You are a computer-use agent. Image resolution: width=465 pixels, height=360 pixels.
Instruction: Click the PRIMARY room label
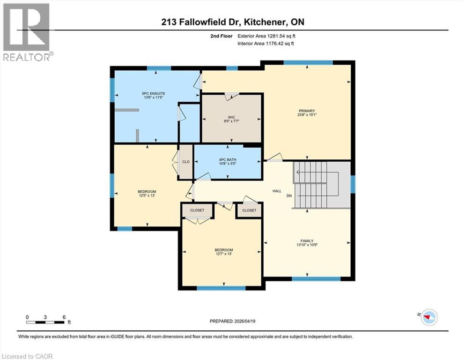point(307,111)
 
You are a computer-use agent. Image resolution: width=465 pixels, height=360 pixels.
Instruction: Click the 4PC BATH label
point(228,160)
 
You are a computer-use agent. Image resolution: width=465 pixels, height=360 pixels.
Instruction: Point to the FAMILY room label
point(307,241)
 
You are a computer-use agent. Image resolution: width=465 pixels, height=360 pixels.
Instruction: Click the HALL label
point(277,191)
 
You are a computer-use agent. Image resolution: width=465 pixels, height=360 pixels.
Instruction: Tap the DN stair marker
point(290,195)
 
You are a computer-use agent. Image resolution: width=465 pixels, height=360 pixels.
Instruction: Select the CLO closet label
point(186,162)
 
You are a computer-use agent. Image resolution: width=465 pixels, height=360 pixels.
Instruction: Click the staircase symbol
point(316,185)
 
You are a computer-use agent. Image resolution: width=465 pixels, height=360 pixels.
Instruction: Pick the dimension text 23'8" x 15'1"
point(307,116)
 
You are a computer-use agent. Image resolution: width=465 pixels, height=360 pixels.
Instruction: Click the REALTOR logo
point(27,32)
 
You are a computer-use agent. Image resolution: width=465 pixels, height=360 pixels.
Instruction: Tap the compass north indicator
point(428,317)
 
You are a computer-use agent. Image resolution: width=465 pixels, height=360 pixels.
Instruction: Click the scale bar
point(45,322)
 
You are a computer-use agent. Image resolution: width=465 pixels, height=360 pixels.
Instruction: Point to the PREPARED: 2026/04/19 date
point(232,321)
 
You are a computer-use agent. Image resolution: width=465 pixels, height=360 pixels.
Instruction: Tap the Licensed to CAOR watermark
point(27,356)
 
